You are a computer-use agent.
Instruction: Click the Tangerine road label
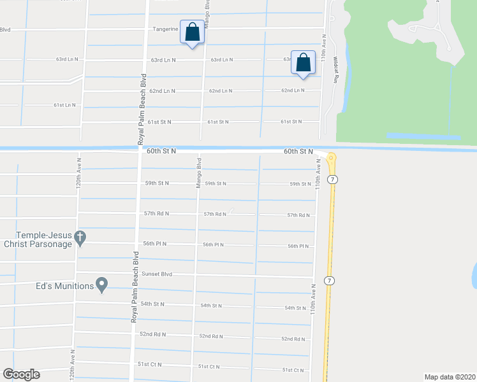pyautogui.click(x=165, y=29)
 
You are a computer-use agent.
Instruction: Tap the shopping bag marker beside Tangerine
pyautogui.click(x=192, y=32)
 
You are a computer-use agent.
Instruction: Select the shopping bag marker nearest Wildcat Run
pyautogui.click(x=304, y=62)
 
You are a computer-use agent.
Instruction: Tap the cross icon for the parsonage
pyautogui.click(x=80, y=239)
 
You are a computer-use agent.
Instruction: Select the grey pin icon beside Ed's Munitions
pyautogui.click(x=101, y=285)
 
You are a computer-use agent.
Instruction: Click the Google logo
pyautogui.click(x=21, y=374)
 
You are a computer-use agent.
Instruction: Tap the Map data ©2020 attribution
pyautogui.click(x=450, y=376)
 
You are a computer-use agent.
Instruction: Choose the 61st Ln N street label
pyautogui.click(x=64, y=105)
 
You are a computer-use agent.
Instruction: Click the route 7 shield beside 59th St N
pyautogui.click(x=332, y=180)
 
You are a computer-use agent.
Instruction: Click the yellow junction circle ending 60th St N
pyautogui.click(x=331, y=157)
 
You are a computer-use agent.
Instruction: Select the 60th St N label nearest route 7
pyautogui.click(x=298, y=152)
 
